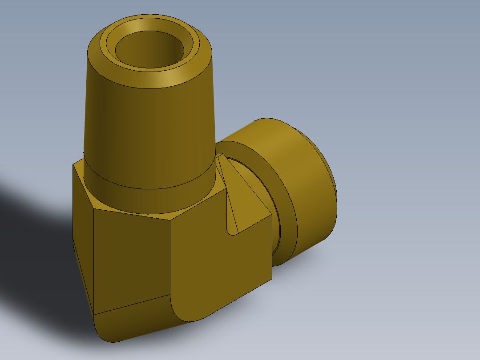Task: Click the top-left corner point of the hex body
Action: click(x=73, y=164)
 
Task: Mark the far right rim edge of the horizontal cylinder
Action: click(x=336, y=196)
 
